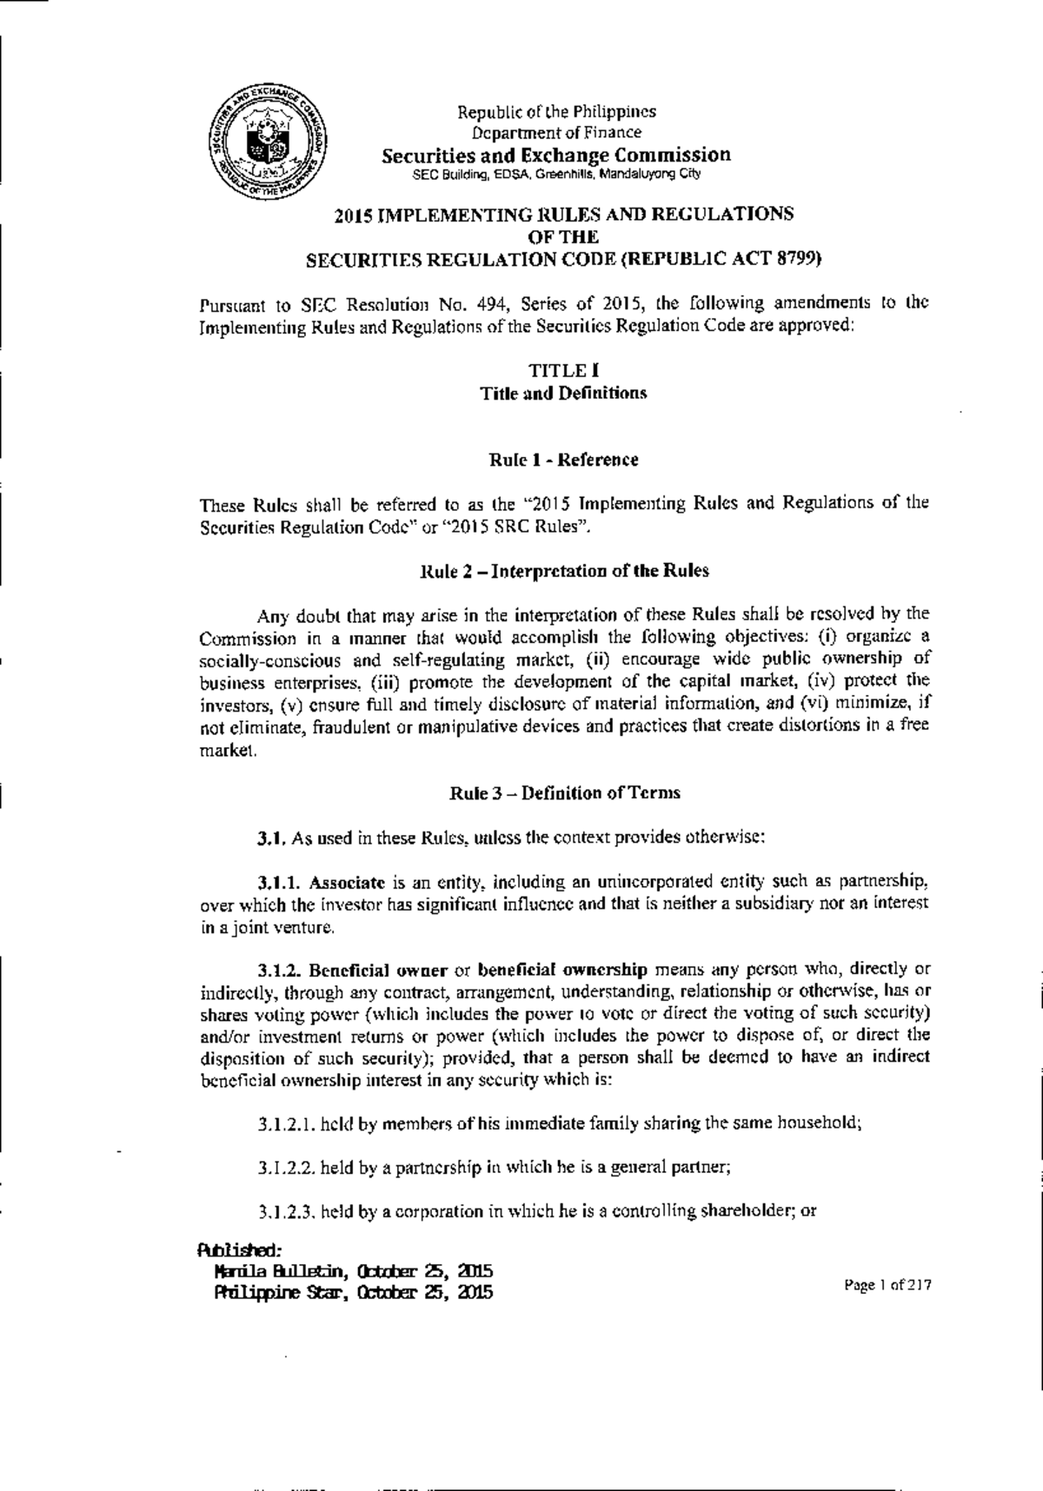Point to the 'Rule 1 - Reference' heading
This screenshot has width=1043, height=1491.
(x=564, y=460)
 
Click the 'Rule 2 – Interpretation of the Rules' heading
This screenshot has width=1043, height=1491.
(x=564, y=571)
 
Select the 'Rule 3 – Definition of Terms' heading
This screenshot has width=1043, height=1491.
(x=564, y=792)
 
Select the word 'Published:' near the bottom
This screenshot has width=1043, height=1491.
(x=237, y=1250)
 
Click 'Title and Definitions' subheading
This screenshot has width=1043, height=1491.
(x=564, y=393)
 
